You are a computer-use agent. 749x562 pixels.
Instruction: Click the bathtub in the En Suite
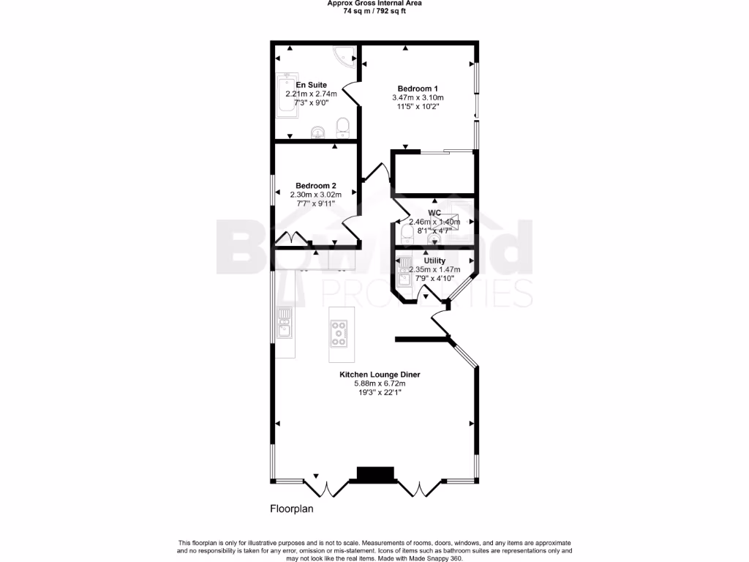[x=284, y=95]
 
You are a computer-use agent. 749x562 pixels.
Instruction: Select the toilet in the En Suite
[x=342, y=129]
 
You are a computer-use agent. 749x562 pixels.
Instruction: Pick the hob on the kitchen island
[x=339, y=333]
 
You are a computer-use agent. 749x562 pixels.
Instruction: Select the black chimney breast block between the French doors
[x=375, y=474]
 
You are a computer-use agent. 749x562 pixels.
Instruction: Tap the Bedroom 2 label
[x=315, y=186]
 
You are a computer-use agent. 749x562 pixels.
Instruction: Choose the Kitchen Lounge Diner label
[x=379, y=375]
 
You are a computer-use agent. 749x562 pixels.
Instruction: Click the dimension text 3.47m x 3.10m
[x=418, y=97]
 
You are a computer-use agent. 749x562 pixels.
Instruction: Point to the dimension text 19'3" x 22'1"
[x=379, y=392]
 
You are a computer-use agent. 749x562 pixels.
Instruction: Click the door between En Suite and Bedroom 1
[x=350, y=94]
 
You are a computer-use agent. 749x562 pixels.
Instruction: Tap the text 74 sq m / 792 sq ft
[x=374, y=11]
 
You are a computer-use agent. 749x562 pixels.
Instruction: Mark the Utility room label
[x=434, y=261]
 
